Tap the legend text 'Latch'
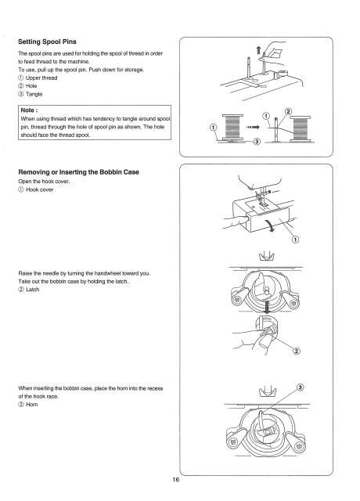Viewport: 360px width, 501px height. tap(43, 290)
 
